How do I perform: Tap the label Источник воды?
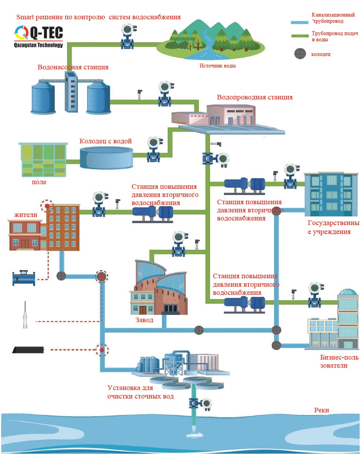click(217, 66)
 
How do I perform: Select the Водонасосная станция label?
click(73, 67)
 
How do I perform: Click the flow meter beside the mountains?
click(128, 37)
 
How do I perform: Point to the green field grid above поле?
click(43, 160)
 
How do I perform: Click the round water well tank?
click(106, 158)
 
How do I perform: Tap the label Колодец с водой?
click(106, 141)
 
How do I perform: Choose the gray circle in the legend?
click(300, 54)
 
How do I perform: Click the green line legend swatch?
click(300, 36)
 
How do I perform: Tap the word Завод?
click(144, 320)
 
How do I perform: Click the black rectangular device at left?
click(28, 350)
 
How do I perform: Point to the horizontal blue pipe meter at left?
click(24, 278)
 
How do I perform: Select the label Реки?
click(321, 410)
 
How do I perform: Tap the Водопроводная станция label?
click(255, 97)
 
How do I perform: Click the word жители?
click(25, 215)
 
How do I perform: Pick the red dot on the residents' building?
click(47, 206)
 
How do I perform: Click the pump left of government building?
click(244, 186)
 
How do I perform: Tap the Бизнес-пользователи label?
click(339, 362)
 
